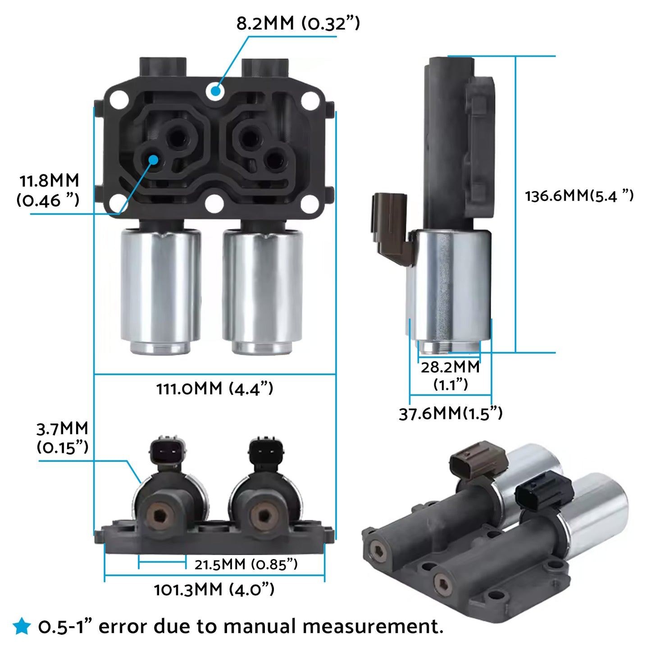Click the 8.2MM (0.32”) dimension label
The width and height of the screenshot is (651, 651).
click(298, 23)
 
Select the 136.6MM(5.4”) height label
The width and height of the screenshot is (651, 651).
click(579, 196)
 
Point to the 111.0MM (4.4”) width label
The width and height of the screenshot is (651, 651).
click(214, 388)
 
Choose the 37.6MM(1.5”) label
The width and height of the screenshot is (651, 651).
click(451, 413)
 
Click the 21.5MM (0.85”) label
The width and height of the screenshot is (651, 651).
click(246, 564)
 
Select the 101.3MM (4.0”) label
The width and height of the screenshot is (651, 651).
click(214, 589)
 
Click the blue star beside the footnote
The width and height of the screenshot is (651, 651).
click(21, 626)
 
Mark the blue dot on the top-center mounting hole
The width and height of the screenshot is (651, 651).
click(215, 91)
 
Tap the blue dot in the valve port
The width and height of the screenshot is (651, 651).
click(154, 159)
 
